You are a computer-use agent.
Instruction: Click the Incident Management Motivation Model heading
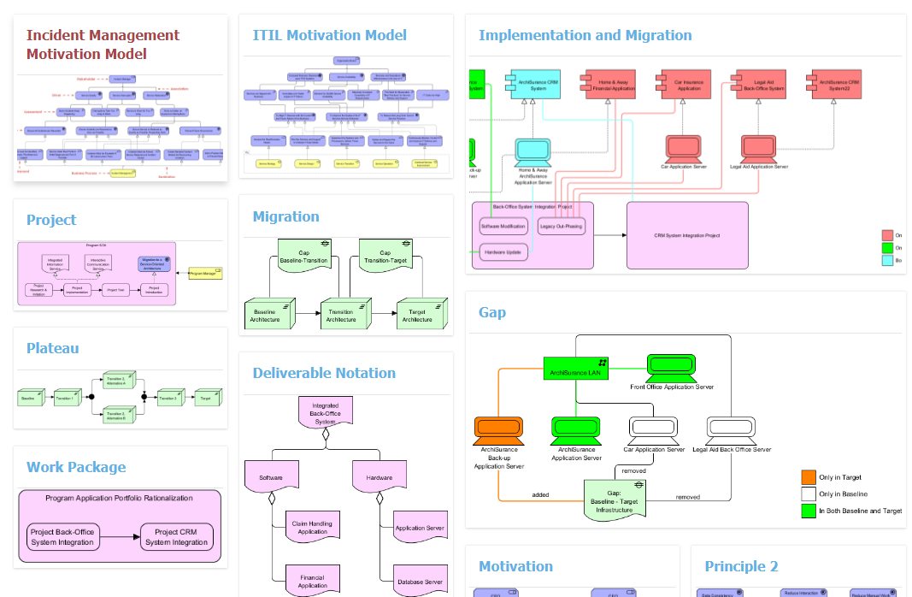[103, 44]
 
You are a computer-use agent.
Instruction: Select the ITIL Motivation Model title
[329, 35]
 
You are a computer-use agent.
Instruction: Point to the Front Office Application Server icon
[671, 368]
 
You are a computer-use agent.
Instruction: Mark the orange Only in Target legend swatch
[808, 477]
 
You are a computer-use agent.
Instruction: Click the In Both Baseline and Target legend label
[860, 511]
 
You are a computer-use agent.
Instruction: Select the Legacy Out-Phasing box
[561, 227]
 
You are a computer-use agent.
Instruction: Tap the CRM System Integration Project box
[687, 235]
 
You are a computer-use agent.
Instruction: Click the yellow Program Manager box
[205, 274]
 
